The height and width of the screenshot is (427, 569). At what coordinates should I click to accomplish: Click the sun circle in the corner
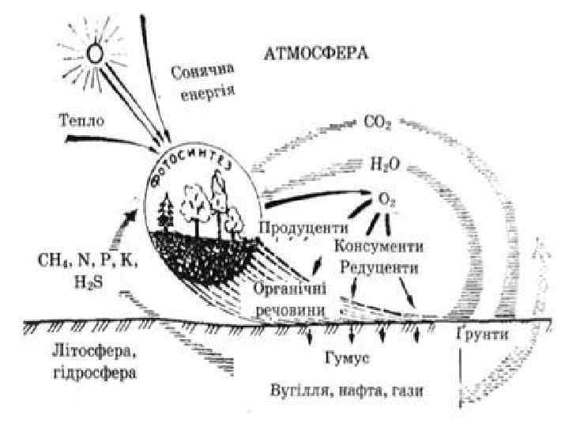tap(95, 53)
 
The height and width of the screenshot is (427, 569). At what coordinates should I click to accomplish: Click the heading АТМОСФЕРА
tap(315, 55)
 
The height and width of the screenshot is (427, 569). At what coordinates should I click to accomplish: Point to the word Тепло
tap(80, 121)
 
